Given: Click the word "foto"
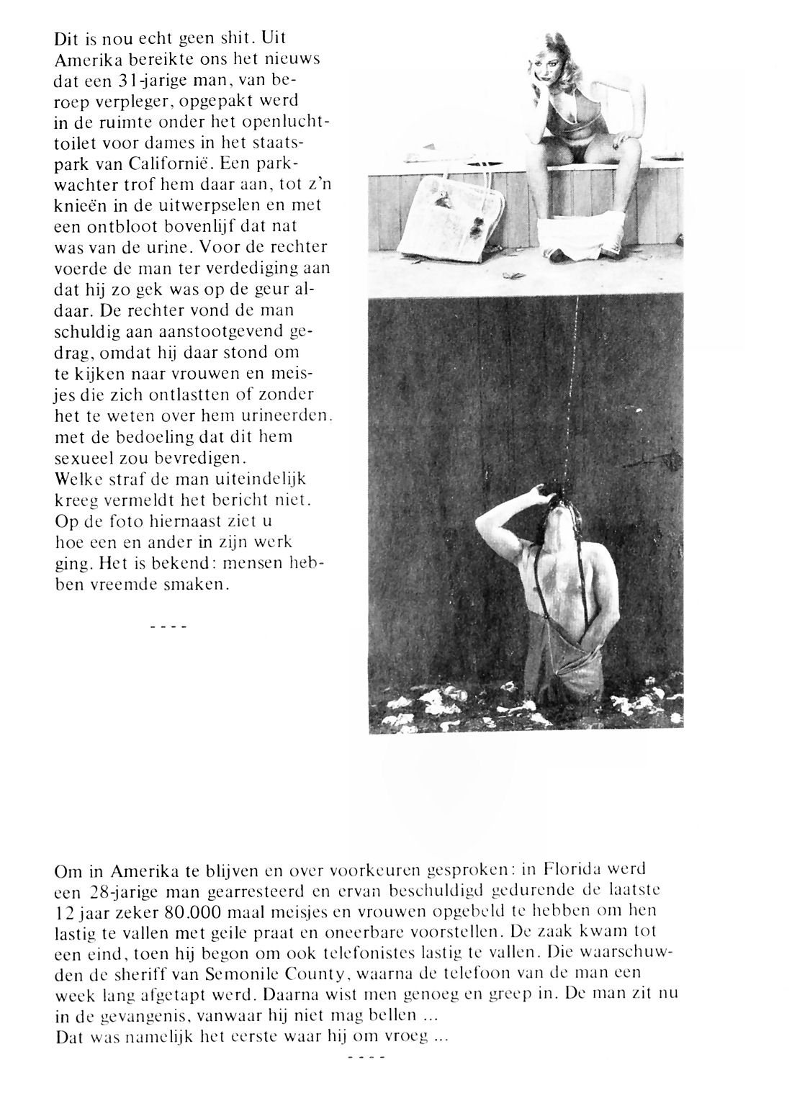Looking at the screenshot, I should (120, 519).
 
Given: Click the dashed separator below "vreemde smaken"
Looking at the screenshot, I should (168, 626).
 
